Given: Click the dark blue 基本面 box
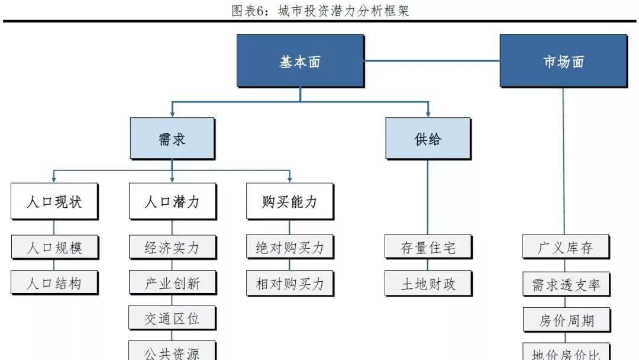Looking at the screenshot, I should point(300,61).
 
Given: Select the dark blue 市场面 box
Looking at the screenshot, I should point(563,61).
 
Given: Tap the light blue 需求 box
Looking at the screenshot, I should point(172,139).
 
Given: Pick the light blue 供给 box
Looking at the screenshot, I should point(428,139).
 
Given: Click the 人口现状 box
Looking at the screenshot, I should point(54,202).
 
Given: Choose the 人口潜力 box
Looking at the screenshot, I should point(172,202).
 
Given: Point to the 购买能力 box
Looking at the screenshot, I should point(289,202).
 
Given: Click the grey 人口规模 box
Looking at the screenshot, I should point(54,247).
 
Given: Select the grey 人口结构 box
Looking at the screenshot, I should point(54,283).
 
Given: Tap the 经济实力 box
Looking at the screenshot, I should point(172,247).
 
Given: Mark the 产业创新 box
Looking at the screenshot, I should point(172,283).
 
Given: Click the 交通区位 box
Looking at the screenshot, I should point(172,319).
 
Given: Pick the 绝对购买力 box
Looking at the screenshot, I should point(289,247).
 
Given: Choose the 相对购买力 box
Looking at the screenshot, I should point(289,283).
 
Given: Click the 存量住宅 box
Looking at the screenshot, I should point(428,247).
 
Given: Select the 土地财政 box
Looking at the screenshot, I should point(428,283).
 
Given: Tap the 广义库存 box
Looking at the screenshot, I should point(565,247).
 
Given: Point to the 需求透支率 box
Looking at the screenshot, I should point(565,284).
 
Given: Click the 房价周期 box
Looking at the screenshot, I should point(565,320).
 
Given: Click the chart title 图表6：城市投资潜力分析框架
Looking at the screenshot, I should point(320,11).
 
